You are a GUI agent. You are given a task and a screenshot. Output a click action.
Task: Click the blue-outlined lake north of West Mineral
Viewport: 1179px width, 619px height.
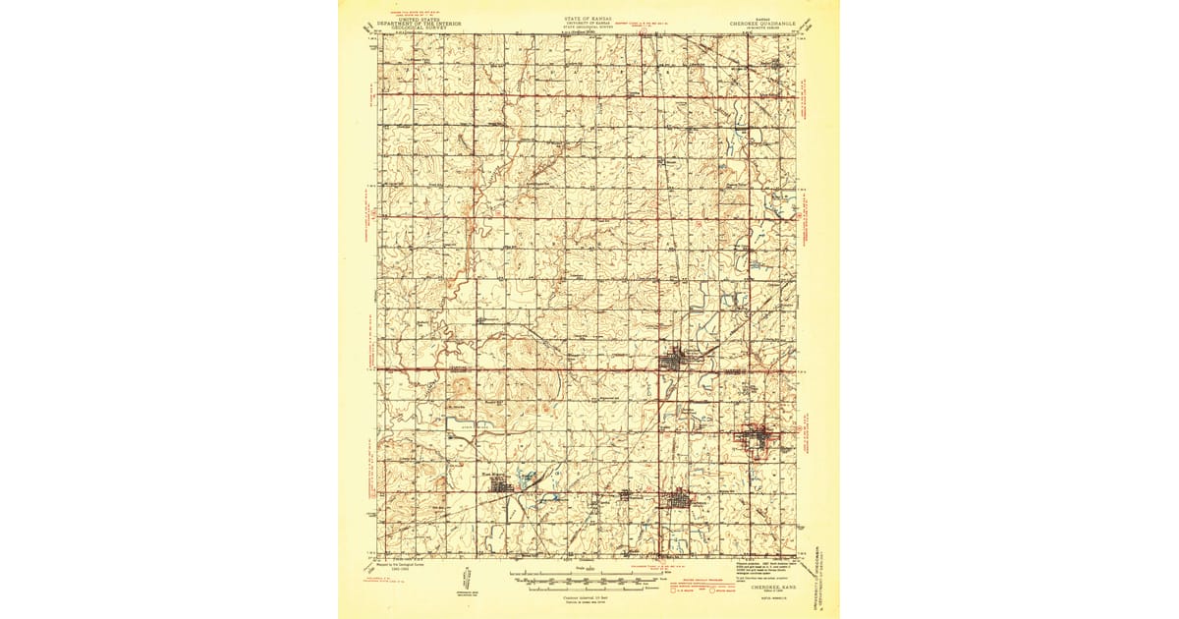click(x=529, y=478)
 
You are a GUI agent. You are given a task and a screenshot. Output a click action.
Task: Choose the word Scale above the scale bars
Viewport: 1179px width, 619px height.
click(x=580, y=568)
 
